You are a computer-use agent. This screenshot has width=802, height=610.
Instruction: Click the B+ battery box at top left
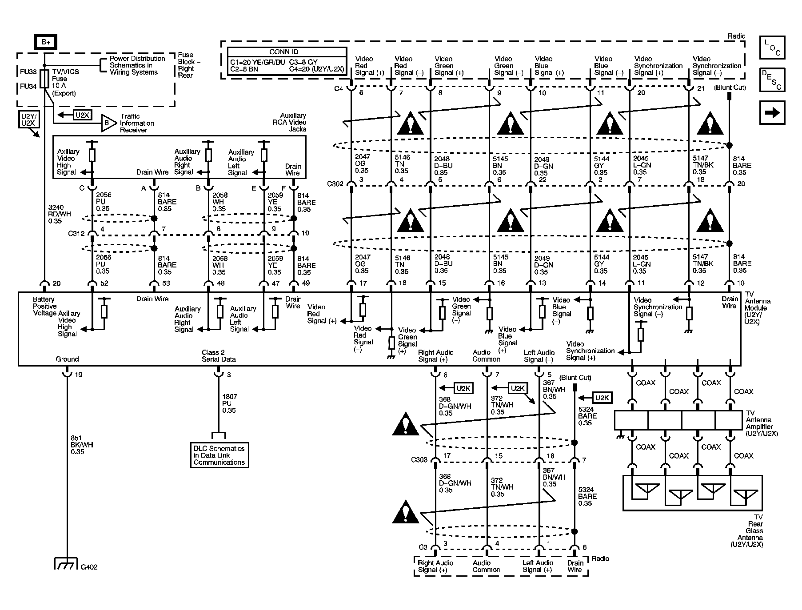click(x=46, y=42)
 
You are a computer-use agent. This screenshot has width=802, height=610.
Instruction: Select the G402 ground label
click(x=89, y=567)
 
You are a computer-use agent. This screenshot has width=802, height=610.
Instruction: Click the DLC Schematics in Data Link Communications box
click(x=219, y=455)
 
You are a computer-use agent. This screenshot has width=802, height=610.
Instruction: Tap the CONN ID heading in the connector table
click(x=287, y=52)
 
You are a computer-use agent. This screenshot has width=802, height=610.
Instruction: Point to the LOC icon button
click(x=772, y=48)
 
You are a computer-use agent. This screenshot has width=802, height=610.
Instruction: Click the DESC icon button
click(x=772, y=80)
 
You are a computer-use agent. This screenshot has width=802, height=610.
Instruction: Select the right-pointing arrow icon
click(x=772, y=112)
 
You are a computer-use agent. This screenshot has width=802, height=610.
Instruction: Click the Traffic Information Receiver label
click(x=137, y=123)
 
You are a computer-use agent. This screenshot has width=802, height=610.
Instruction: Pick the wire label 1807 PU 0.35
click(x=229, y=403)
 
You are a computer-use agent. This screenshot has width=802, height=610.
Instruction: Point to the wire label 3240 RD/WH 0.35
click(x=59, y=214)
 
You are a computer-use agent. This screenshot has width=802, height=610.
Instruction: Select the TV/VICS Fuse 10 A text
click(x=66, y=82)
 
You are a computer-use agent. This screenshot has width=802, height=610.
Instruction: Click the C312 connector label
click(x=76, y=233)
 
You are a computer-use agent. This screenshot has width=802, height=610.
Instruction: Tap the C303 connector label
click(x=419, y=460)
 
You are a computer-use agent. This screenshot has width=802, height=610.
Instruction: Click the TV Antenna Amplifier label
click(x=762, y=423)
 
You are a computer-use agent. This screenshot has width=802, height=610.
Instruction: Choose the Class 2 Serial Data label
click(x=219, y=356)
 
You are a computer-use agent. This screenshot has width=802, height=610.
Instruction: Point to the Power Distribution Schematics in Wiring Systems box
click(x=137, y=65)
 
